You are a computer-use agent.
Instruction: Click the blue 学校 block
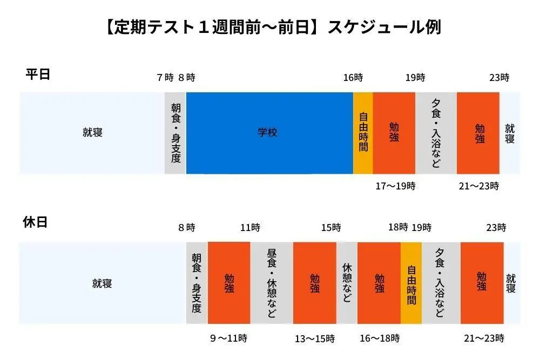pos(268,133)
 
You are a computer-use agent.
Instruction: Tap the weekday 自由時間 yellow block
pos(363,133)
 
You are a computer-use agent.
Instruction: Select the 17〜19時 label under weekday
pos(395,186)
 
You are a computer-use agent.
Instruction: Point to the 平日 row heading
pos(38,74)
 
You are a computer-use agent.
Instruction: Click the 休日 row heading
pos(36,222)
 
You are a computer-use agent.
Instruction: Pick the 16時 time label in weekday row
pos(353,78)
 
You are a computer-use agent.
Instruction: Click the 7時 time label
pos(165,78)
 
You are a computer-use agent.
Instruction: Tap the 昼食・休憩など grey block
pos(272,283)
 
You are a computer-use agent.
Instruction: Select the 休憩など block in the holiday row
pos(347,283)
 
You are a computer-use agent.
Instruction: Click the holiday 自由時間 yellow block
pos(411,283)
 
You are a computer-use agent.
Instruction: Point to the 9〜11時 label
pos(229,338)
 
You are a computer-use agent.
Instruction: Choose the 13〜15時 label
pos(314,338)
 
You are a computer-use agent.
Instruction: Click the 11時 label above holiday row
pos(250,228)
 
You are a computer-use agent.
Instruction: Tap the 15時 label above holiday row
pos(331,228)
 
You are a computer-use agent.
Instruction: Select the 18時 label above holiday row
pos(398,228)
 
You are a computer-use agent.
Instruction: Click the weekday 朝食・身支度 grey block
pos(175,133)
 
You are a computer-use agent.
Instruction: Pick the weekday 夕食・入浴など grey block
pos(436,133)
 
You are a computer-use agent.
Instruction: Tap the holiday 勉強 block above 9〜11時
pos(229,283)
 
